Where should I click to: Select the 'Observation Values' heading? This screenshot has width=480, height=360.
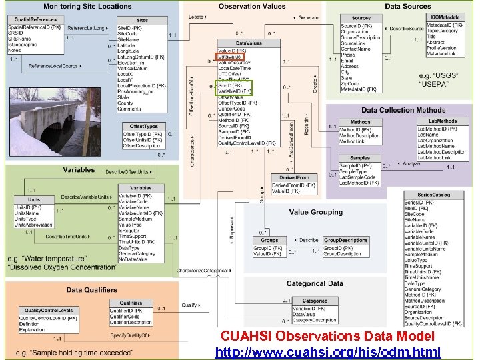252,7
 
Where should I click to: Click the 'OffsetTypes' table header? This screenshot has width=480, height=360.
143,126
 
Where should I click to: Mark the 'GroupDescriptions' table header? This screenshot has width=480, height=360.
345,240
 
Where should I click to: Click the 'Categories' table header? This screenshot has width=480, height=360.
315,301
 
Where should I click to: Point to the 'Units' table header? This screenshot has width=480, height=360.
33,199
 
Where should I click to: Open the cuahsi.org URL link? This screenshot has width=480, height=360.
328,351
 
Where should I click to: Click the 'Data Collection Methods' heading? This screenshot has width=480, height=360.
403,110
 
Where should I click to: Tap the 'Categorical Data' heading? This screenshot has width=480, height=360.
315,283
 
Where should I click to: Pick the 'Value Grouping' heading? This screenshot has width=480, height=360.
315,212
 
